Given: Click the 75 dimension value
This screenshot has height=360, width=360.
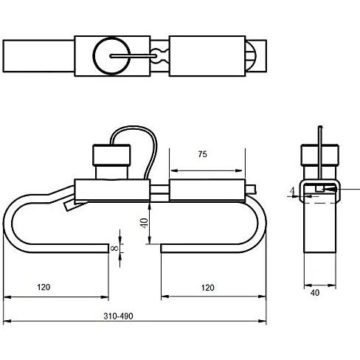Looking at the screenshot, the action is pos(202,154).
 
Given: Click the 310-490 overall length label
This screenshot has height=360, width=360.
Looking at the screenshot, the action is pos(118,316).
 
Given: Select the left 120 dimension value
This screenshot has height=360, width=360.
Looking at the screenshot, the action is pos(44,287).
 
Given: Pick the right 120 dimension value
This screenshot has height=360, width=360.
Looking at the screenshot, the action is pos(207,288).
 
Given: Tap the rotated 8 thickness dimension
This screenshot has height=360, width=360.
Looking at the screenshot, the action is pos(114,249).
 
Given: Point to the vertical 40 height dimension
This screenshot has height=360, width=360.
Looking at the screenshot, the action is pos(144,223).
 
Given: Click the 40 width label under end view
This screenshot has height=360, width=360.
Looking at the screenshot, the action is pos(315,293).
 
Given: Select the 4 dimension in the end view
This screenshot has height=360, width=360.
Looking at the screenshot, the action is pos(292,191).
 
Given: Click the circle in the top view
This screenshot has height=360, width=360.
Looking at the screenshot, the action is pos(111,56).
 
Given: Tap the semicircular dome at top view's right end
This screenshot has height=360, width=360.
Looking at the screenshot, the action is pos(251,56).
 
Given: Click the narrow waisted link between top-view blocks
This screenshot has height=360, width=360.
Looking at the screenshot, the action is pos(159,56).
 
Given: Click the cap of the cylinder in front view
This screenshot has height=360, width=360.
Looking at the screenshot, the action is pos(111,155).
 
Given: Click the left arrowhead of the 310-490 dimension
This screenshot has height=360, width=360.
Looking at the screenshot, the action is pos(7,321).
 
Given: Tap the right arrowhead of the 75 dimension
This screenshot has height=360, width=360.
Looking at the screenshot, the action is pos(239,170).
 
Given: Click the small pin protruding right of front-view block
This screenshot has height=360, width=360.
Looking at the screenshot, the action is pos(250,190).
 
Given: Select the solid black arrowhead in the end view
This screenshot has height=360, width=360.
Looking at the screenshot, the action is pos(330,189).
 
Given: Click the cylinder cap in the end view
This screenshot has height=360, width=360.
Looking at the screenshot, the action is pos(320,155).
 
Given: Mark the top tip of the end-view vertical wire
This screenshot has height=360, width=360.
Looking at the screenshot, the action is pos(320,127).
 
